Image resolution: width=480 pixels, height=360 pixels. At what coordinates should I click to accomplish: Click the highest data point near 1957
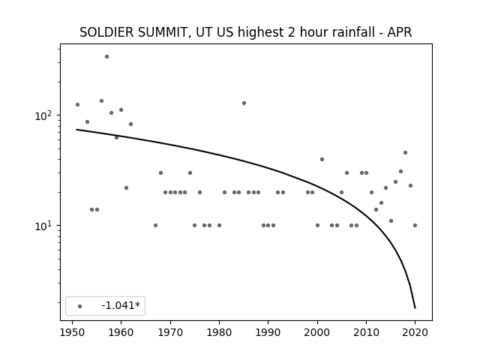click(106, 57)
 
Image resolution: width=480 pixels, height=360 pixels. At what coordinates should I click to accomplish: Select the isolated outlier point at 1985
click(244, 103)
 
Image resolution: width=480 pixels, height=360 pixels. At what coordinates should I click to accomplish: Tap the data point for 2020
click(415, 225)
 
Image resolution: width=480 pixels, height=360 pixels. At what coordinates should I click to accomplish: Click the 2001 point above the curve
click(322, 159)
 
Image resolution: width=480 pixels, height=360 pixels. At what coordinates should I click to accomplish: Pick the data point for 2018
click(405, 152)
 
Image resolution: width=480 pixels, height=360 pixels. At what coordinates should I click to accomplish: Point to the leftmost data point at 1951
click(77, 105)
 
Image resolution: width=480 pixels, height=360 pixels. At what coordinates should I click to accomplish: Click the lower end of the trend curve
click(415, 308)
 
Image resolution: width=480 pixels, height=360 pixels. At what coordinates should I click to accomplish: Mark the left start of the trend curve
click(76, 130)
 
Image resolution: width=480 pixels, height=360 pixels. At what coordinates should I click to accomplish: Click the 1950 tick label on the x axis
click(72, 332)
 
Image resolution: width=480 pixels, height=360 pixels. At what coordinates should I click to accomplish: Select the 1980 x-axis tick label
click(219, 332)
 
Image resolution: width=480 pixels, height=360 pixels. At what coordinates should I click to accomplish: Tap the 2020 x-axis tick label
click(415, 332)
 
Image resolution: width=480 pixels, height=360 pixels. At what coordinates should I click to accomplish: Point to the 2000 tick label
click(317, 332)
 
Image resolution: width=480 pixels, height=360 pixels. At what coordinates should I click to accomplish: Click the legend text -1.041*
click(121, 305)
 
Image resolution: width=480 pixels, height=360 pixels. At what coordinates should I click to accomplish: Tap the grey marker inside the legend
click(80, 306)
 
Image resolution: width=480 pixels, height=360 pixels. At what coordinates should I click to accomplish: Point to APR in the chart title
click(400, 32)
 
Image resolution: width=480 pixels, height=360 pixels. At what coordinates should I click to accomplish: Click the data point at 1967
click(155, 225)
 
